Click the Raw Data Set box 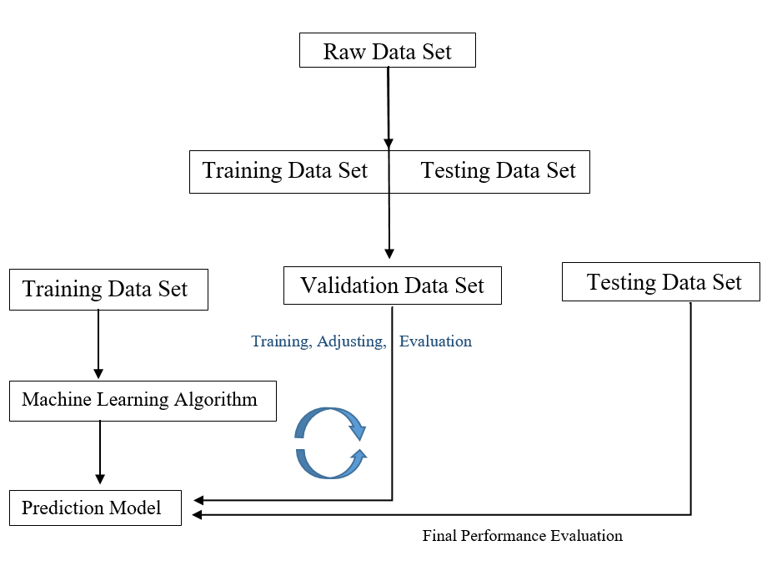coord(388,50)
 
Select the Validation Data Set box coord(393,285)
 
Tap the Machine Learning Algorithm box coord(143,401)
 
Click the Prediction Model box coord(95,508)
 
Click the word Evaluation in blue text coord(435,341)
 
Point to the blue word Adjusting coord(351,341)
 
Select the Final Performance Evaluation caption coord(522,536)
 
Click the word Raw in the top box coord(344,52)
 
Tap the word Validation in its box coord(349,285)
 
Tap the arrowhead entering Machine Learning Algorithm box coord(98,374)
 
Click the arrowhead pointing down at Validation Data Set coord(389,254)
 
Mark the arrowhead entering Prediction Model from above coord(99,479)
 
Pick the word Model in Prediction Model coord(135,508)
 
